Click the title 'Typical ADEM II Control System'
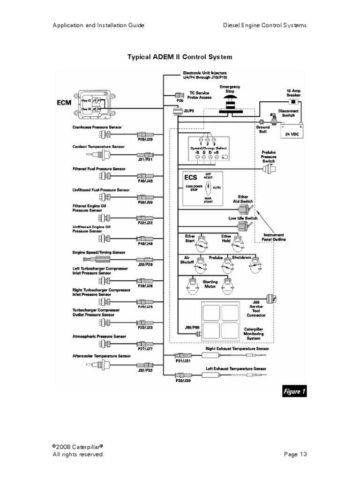pyautogui.click(x=180, y=57)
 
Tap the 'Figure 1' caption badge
pyautogui.click(x=294, y=391)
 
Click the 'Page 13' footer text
pyautogui.click(x=295, y=454)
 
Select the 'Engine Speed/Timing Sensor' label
pyautogui.click(x=99, y=252)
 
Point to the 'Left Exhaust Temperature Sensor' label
pyautogui.click(x=236, y=368)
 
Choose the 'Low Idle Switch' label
pyautogui.click(x=242, y=218)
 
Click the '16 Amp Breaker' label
pyautogui.click(x=293, y=93)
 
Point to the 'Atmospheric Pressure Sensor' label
pyautogui.click(x=99, y=336)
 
